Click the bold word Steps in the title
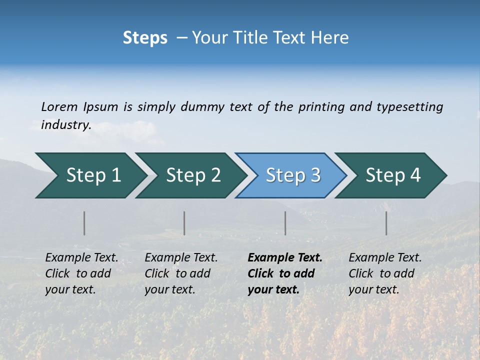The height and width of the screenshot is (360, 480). click(145, 38)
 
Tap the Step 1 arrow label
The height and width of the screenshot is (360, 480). click(93, 175)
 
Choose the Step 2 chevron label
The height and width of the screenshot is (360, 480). click(193, 175)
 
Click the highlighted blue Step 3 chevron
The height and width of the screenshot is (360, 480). click(293, 175)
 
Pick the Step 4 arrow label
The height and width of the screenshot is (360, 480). click(393, 175)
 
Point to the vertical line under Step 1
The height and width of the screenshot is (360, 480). click(84, 223)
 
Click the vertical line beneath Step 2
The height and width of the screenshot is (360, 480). click(184, 223)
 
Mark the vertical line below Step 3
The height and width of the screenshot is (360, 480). click(285, 223)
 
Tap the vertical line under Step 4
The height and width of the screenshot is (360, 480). click(386, 223)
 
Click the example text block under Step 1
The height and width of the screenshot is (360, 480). click(81, 273)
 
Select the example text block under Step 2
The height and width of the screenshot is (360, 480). click(181, 273)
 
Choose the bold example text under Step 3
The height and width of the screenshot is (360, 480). click(285, 273)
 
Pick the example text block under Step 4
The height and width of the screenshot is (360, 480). click(385, 273)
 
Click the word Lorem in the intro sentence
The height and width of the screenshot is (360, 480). click(59, 107)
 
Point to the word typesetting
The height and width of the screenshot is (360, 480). click(409, 107)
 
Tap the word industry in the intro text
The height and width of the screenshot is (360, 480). click(65, 125)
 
